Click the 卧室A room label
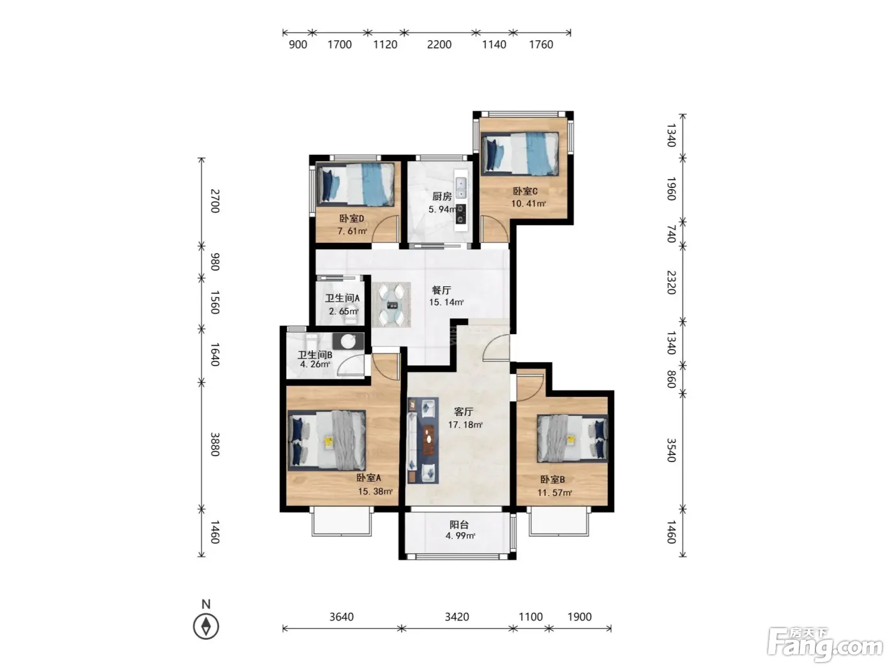[x=368, y=477]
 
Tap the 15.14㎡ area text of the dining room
[x=446, y=302]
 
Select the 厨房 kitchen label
[x=442, y=196]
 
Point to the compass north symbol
[x=206, y=626]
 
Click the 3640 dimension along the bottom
[x=341, y=617]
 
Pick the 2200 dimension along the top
[x=439, y=44]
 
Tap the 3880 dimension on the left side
[x=215, y=444]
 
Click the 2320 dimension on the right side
[x=671, y=282]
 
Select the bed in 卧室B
[x=572, y=438]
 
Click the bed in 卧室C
[x=520, y=154]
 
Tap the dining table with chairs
[x=391, y=305]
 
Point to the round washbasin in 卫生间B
[x=348, y=341]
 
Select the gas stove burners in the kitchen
[x=460, y=214]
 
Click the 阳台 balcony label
[x=459, y=525]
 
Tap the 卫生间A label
[x=342, y=298]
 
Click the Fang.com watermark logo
[x=825, y=645]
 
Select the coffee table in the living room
[x=428, y=440]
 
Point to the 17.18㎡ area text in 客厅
[x=465, y=425]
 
